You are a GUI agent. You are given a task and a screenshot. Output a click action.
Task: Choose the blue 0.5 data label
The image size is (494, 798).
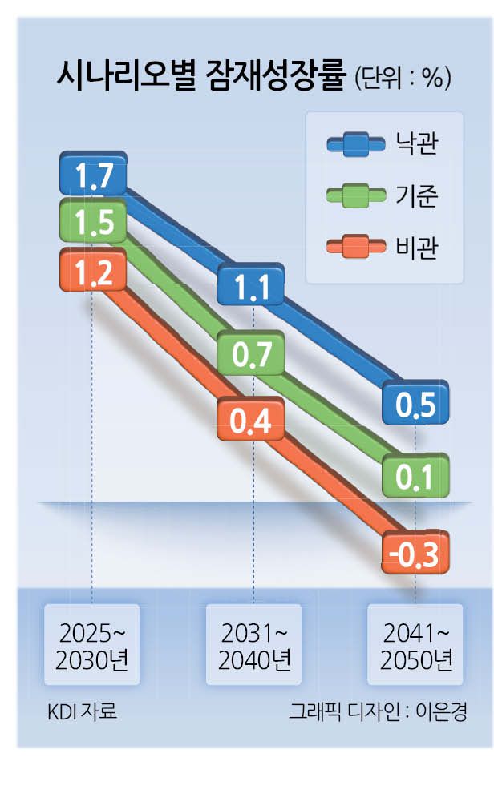point(415,405)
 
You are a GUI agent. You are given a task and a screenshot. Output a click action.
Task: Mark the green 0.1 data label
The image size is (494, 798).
point(415,478)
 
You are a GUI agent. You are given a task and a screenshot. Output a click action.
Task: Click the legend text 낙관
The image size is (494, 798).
point(417,144)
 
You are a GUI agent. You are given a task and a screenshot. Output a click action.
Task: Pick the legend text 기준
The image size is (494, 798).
point(417,195)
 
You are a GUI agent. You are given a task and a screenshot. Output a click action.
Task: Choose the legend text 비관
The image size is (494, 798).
point(417,245)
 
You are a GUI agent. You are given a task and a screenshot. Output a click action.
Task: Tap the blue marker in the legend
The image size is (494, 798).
point(357,145)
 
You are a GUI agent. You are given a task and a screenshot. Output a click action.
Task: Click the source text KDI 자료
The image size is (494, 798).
point(83,711)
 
